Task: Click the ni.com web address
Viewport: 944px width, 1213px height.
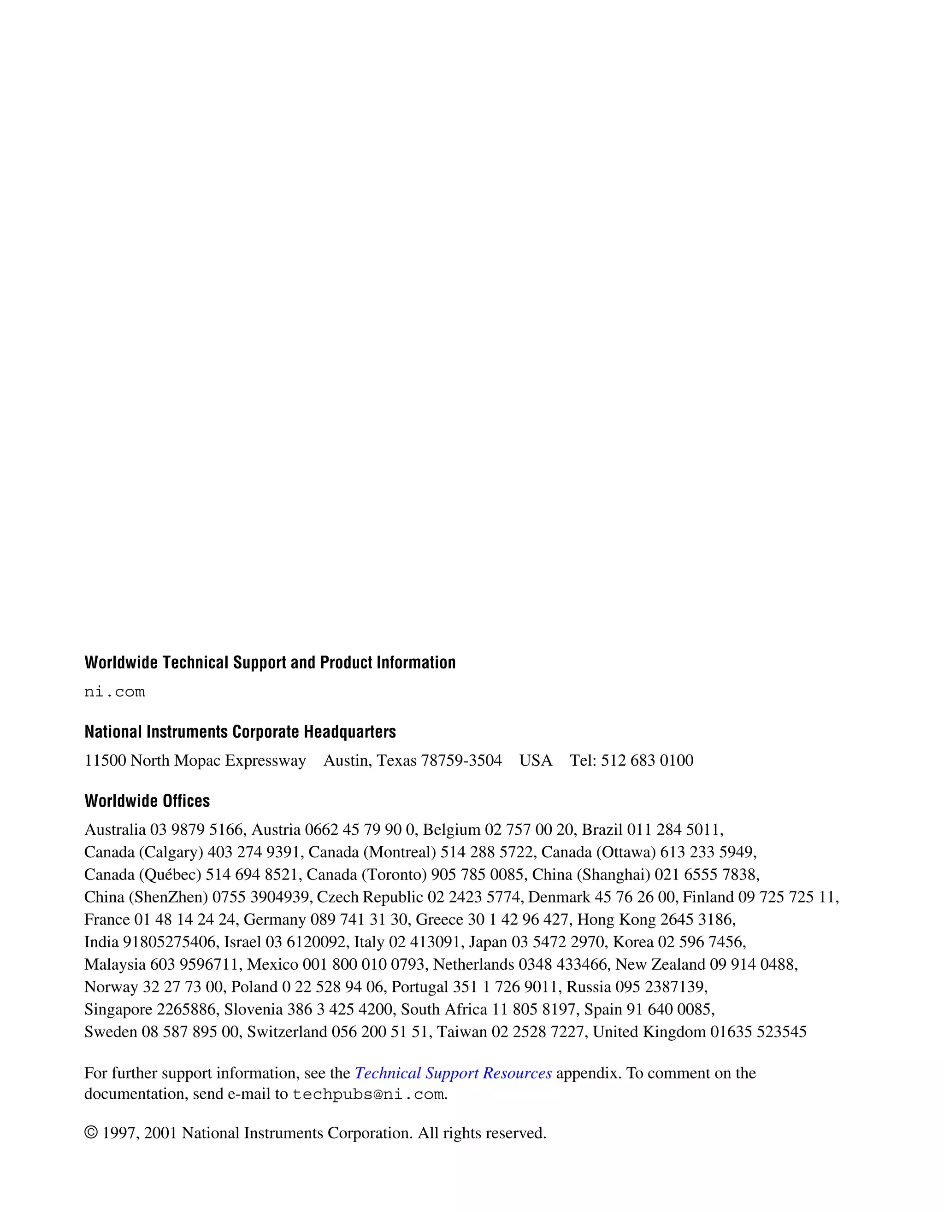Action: click(114, 692)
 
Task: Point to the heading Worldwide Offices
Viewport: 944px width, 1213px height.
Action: click(147, 801)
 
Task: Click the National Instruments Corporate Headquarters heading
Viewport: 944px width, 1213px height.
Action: click(240, 732)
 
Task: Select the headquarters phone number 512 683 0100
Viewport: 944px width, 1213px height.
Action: click(647, 760)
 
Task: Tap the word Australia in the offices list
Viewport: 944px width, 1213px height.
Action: click(115, 830)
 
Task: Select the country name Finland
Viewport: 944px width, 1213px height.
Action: click(708, 897)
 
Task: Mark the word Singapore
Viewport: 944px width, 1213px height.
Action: click(118, 1009)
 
